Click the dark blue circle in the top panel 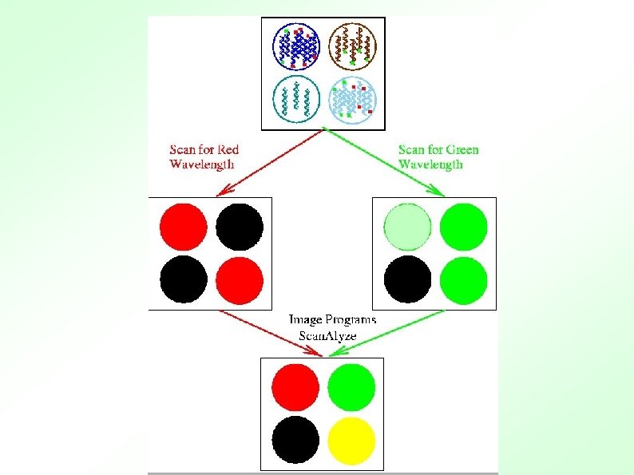tap(296, 46)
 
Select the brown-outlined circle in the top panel tap(353, 46)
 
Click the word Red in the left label tap(227, 149)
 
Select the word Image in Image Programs tap(306, 320)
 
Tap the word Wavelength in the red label tap(203, 164)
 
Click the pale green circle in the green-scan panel tap(407, 228)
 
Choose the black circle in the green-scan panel tap(407, 280)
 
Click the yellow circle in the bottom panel tap(351, 440)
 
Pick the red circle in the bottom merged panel tap(295, 386)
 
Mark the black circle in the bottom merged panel tap(295, 440)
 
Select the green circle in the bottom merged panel tap(351, 386)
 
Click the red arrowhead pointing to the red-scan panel tap(224, 192)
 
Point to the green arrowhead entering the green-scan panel tap(438, 192)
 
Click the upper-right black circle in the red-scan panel tap(240, 228)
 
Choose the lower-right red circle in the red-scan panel tap(240, 280)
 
